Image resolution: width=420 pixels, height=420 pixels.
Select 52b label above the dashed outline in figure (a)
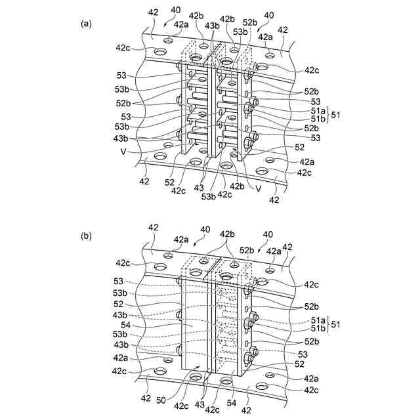249,23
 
